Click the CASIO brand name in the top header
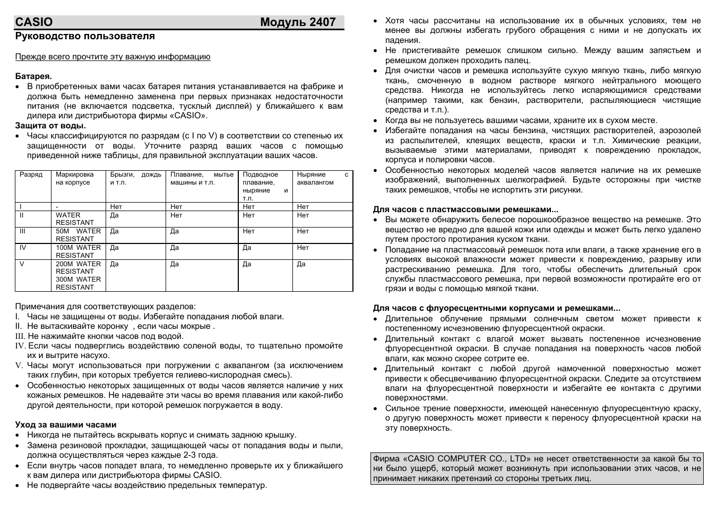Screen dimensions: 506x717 coord(34,22)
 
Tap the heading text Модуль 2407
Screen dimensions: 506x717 coord(298,22)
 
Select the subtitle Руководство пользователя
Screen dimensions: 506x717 coord(85,36)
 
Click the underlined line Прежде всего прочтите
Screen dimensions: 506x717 coord(113,57)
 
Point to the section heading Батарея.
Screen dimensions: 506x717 coord(33,76)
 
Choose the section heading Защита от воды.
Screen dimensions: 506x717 coord(50,126)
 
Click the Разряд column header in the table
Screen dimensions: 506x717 coord(31,175)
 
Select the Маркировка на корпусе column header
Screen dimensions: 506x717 coord(75,178)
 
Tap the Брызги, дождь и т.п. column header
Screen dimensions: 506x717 coord(135,178)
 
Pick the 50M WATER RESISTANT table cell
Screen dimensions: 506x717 coord(78,235)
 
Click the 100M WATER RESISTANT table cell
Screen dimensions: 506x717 coord(78,251)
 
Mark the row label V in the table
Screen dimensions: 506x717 coord(22,264)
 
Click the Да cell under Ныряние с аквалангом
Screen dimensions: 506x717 coord(301,264)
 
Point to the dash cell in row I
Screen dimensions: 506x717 coord(57,207)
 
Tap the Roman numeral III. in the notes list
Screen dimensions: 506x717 coord(20,336)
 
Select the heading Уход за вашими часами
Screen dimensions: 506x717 coord(66,425)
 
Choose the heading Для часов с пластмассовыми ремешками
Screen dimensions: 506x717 coord(465,210)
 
